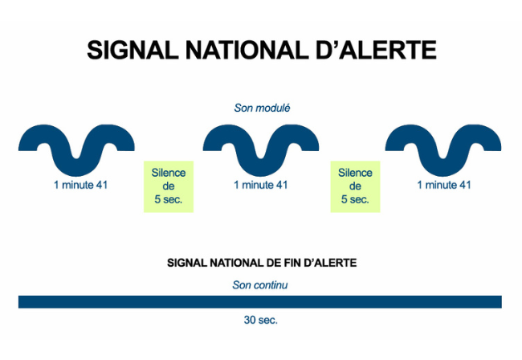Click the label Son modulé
262,108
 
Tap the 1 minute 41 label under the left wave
80,185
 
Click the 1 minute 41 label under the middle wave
260,185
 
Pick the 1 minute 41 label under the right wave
444,185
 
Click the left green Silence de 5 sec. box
169,186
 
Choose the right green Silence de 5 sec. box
355,186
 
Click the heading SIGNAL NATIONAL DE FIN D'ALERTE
262,263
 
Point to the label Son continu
260,284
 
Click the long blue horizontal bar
260,301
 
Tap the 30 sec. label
260,320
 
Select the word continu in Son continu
271,284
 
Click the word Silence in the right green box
355,173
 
